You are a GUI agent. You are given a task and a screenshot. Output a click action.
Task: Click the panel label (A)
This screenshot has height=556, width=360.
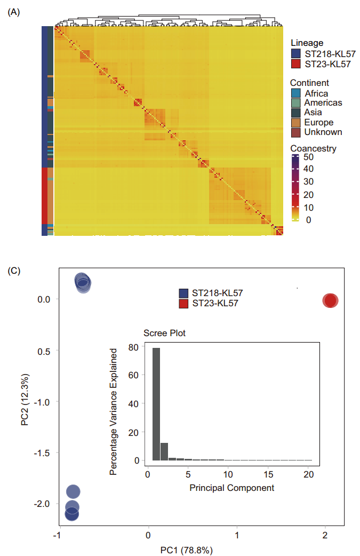14,12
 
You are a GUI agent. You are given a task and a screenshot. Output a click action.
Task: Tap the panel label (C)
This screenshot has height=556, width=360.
14,271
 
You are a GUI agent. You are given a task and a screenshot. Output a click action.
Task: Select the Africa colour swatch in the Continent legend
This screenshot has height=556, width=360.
296,93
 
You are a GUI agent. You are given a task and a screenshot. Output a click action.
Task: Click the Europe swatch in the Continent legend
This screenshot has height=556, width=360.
296,122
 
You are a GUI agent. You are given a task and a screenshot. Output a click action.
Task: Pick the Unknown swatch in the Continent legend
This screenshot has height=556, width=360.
296,132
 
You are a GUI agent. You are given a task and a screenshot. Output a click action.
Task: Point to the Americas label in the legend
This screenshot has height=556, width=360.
323,103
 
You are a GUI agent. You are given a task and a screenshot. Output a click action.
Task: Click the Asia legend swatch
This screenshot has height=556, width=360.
296,113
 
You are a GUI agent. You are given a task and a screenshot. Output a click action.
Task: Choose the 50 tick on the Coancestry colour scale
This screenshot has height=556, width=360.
308,157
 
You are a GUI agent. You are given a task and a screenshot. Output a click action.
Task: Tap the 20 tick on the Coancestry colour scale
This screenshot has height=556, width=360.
308,195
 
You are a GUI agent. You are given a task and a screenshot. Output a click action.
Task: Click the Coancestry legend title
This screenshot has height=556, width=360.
313,148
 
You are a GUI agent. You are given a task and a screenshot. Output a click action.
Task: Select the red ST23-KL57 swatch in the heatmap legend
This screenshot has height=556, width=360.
296,64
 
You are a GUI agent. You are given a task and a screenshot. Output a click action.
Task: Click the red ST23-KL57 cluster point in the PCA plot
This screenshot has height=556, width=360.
330,301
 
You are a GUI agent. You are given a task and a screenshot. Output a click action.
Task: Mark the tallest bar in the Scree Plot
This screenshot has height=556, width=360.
156,404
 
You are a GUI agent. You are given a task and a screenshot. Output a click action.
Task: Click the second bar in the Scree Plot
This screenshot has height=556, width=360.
164,451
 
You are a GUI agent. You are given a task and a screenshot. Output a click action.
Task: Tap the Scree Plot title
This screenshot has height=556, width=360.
164,333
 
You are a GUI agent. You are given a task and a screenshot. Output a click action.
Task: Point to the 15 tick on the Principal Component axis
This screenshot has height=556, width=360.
268,474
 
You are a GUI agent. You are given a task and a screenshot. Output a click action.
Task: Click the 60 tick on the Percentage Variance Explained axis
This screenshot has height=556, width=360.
133,375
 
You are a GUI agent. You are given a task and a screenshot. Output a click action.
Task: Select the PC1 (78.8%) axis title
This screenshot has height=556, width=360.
187,550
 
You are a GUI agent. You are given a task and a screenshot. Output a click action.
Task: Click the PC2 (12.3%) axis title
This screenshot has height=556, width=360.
25,399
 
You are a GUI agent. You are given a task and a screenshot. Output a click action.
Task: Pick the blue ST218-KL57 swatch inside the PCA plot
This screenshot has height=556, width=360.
183,293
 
